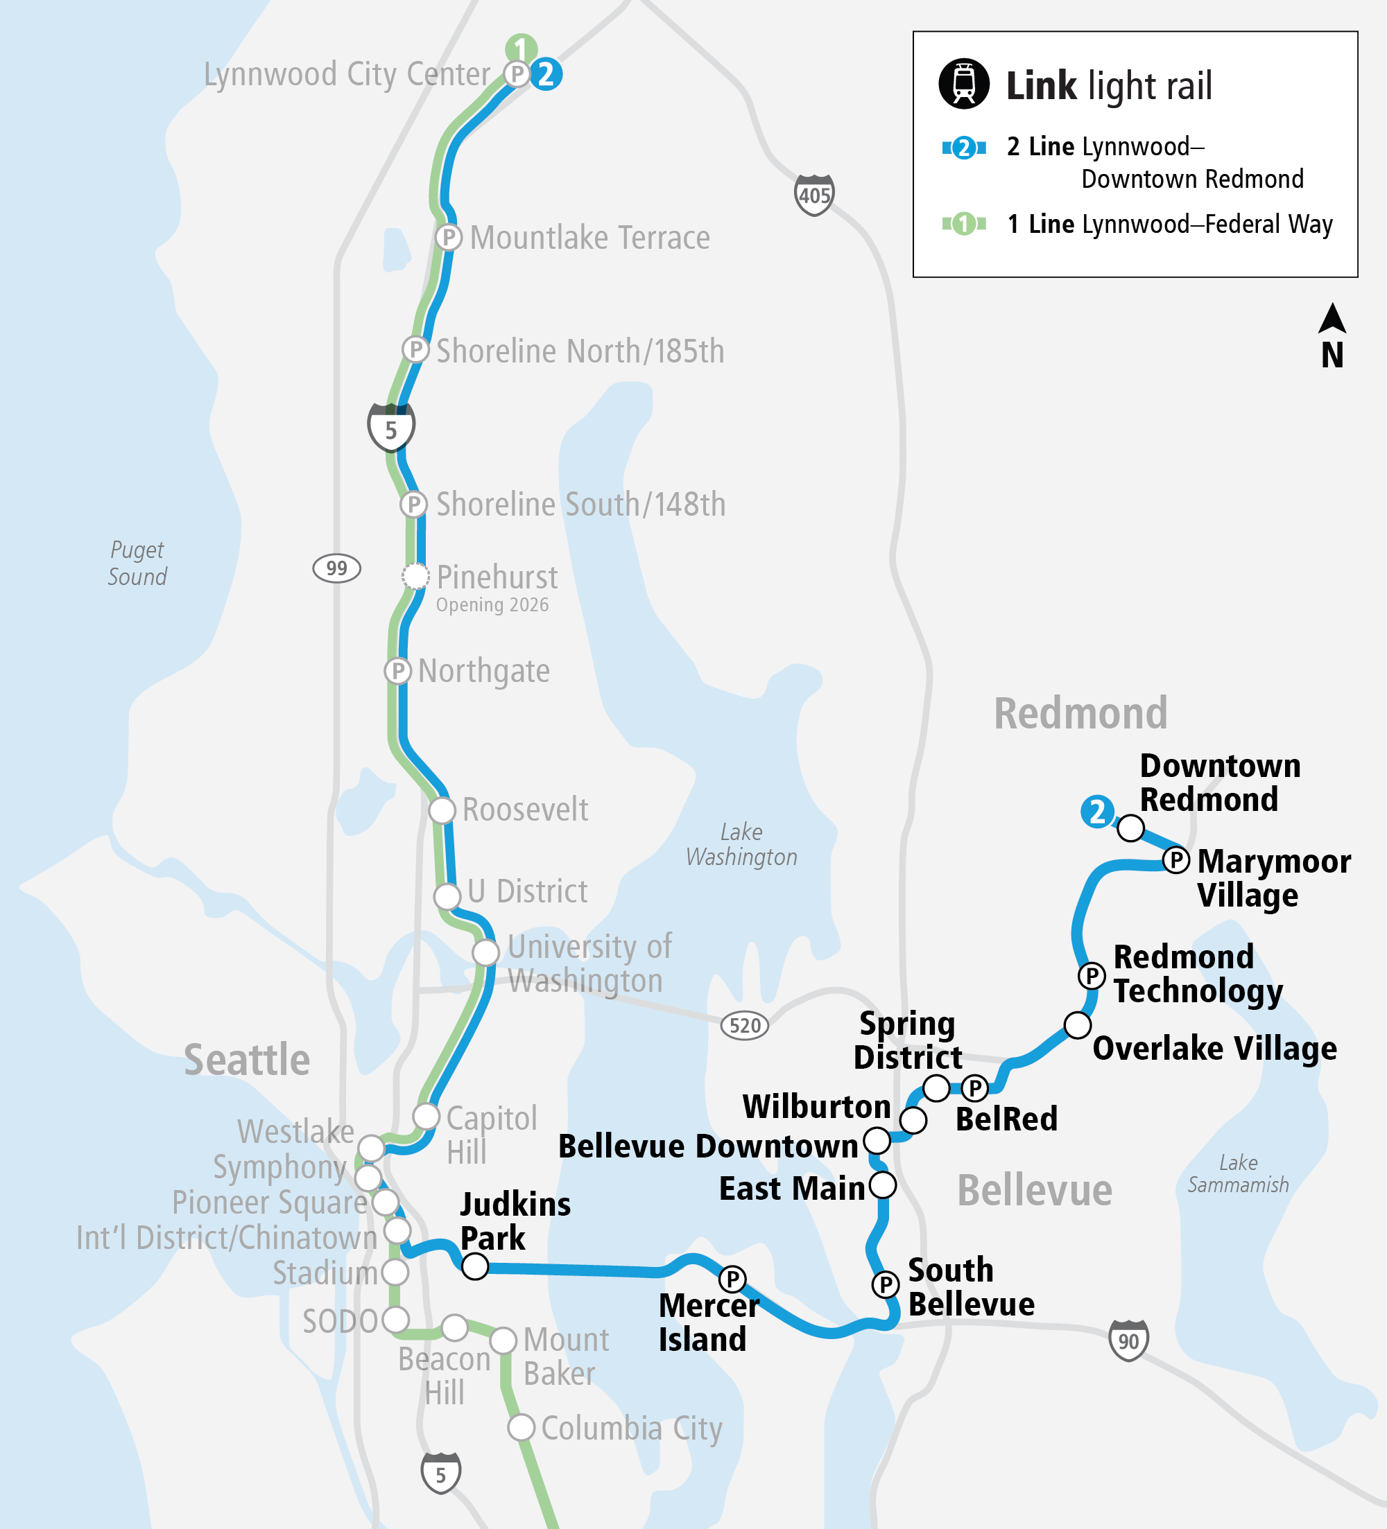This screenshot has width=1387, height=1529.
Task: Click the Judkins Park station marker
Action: [475, 1266]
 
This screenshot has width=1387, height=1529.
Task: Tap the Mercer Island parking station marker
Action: [732, 1279]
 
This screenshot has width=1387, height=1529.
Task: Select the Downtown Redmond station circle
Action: [1130, 828]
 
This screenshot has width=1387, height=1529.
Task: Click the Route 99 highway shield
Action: [336, 568]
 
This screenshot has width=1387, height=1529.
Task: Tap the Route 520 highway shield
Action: [744, 1025]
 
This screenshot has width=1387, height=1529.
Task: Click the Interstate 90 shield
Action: [1128, 1340]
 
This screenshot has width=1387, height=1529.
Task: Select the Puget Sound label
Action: [137, 563]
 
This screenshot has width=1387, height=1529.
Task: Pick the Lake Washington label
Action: [741, 844]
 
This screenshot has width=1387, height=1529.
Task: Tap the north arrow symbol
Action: [1332, 319]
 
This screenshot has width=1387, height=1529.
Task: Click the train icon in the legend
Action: [963, 83]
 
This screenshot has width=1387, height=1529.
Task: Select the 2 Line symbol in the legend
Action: [963, 147]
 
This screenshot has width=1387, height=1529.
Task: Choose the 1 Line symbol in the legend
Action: [963, 224]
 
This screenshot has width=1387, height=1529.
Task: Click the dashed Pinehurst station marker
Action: [415, 577]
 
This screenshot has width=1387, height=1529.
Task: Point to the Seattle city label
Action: [247, 1060]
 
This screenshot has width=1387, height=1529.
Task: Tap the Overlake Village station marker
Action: [1078, 1024]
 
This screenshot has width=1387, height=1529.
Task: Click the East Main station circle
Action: [882, 1184]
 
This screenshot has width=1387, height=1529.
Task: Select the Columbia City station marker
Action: [521, 1427]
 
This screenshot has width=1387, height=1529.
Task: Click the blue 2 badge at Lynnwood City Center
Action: [546, 74]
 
